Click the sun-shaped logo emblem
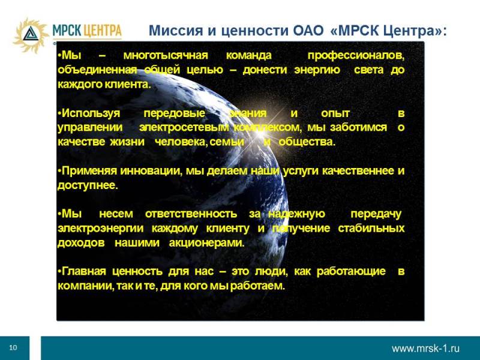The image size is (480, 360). (x=31, y=35)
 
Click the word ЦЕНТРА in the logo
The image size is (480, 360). (x=102, y=31)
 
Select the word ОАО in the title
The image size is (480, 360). (x=308, y=31)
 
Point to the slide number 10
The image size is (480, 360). (x=13, y=347)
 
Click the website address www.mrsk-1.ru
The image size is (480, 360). (x=425, y=349)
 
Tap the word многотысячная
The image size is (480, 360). (x=166, y=55)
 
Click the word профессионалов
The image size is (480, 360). (x=356, y=56)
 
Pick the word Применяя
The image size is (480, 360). (x=89, y=171)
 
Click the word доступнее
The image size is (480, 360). (x=87, y=185)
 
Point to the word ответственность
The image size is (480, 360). (x=191, y=214)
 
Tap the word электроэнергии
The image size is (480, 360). (x=100, y=229)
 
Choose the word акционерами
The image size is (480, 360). (x=206, y=243)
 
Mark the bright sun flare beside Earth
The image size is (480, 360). (x=260, y=132)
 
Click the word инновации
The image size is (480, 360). (x=149, y=171)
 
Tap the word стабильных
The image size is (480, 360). (x=371, y=228)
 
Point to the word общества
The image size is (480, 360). (x=307, y=142)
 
